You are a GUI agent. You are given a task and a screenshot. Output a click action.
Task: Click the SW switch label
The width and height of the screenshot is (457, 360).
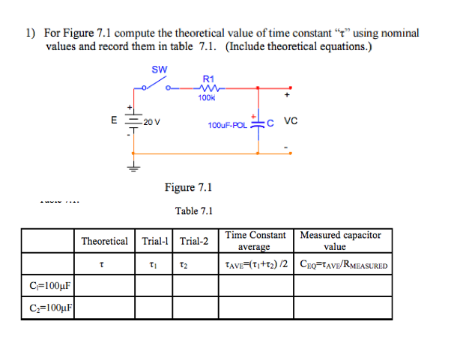(160, 70)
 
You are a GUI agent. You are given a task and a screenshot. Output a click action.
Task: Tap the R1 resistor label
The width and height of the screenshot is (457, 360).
(208, 78)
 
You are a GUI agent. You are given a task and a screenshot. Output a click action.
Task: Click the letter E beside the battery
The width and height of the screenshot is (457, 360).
(114, 119)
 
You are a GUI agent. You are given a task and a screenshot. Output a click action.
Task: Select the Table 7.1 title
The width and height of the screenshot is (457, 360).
(194, 211)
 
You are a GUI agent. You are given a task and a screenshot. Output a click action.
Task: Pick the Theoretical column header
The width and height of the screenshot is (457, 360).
(104, 241)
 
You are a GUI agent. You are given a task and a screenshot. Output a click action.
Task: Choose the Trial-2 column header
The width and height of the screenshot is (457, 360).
(194, 241)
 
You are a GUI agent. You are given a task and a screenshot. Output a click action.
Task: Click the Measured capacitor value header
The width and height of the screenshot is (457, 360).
(340, 240)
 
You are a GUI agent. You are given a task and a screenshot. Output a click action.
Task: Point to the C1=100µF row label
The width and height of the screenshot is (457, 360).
(49, 286)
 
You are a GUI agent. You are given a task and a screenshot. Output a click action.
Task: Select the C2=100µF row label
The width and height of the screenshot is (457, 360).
(49, 308)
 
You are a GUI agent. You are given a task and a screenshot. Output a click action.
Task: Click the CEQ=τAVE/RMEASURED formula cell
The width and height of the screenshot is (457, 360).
(343, 263)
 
